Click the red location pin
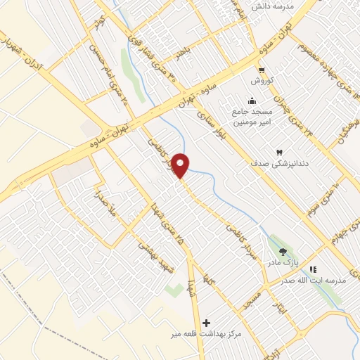(181, 165)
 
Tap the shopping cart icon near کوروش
(261, 70)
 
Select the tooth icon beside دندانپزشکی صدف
(279, 152)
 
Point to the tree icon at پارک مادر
(283, 251)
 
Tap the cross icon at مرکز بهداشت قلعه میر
(205, 323)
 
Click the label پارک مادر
(278, 262)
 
